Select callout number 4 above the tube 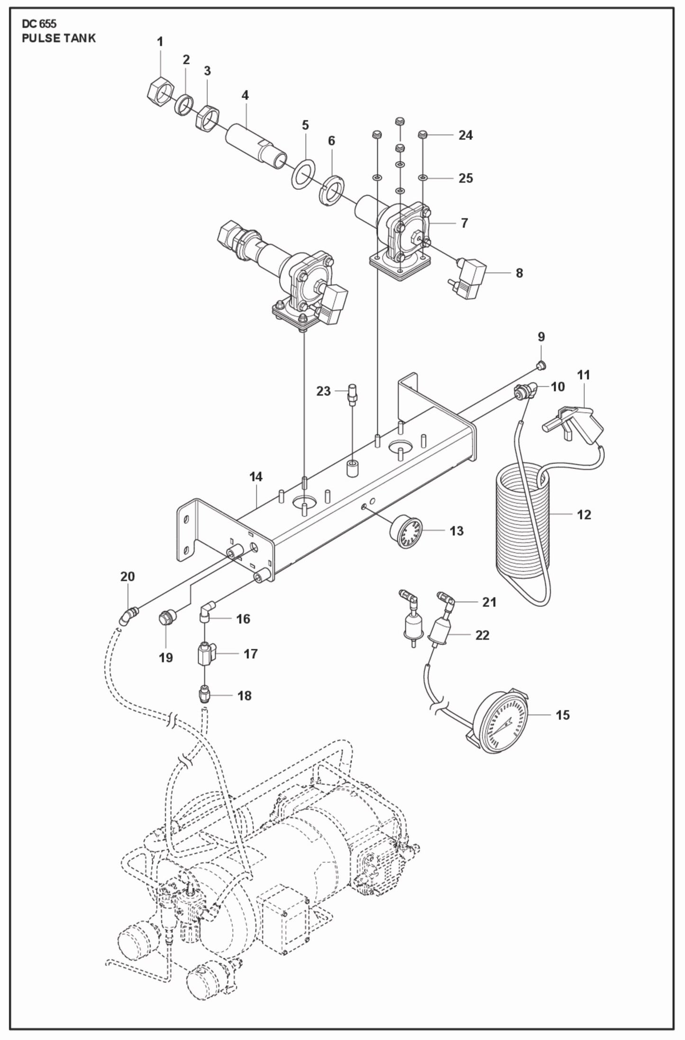(245, 95)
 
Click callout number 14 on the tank (256, 477)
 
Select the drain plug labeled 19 (166, 618)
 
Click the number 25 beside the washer (466, 178)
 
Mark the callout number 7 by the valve (464, 223)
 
